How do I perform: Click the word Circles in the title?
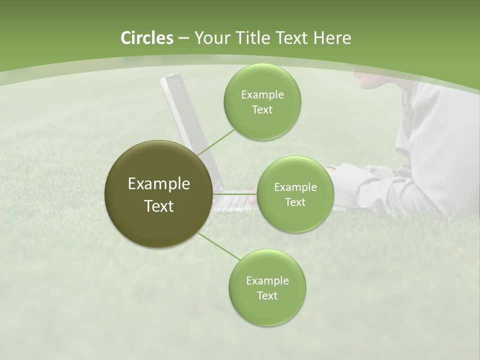coord(147,38)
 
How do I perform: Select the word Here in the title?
coord(332,38)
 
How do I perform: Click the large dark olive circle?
coord(158,194)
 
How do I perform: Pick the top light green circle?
coord(262,101)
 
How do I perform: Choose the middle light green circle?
coord(295,194)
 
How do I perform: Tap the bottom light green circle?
coord(267,287)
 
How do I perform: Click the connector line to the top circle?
coord(216,142)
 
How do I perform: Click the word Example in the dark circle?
coord(158,184)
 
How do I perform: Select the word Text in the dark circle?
coord(158,206)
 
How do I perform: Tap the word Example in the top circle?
coord(262,94)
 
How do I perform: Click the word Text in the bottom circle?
coord(267,295)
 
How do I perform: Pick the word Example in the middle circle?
coord(295,187)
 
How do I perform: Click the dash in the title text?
coord(183,38)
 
